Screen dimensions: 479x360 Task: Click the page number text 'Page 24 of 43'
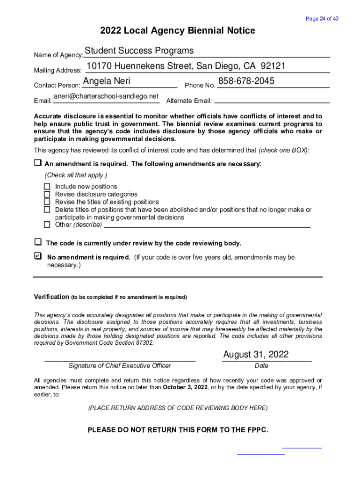click(x=322, y=19)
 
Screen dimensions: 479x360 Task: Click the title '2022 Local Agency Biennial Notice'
click(x=178, y=31)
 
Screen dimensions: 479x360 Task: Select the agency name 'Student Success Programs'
click(x=139, y=51)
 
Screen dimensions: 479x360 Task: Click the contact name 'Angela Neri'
click(x=107, y=81)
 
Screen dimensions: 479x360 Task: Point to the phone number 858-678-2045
click(x=246, y=81)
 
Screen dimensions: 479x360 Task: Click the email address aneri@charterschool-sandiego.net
click(x=106, y=96)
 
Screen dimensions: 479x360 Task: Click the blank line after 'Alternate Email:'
click(x=272, y=101)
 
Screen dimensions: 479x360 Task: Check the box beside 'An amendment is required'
click(x=37, y=163)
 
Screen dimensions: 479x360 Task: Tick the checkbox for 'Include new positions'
click(x=47, y=187)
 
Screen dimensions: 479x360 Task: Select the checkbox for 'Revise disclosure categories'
click(x=47, y=194)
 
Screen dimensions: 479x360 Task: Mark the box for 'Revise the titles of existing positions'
click(x=47, y=202)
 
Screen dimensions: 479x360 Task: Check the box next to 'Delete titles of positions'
click(x=47, y=210)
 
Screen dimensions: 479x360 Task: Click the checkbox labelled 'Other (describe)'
click(x=47, y=225)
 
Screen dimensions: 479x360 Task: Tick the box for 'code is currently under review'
click(x=38, y=242)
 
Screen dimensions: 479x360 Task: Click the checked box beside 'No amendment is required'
click(x=38, y=256)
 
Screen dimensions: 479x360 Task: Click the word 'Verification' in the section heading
click(x=51, y=297)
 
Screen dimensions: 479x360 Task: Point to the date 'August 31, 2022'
click(x=256, y=354)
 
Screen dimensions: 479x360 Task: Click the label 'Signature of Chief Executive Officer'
click(x=120, y=366)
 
